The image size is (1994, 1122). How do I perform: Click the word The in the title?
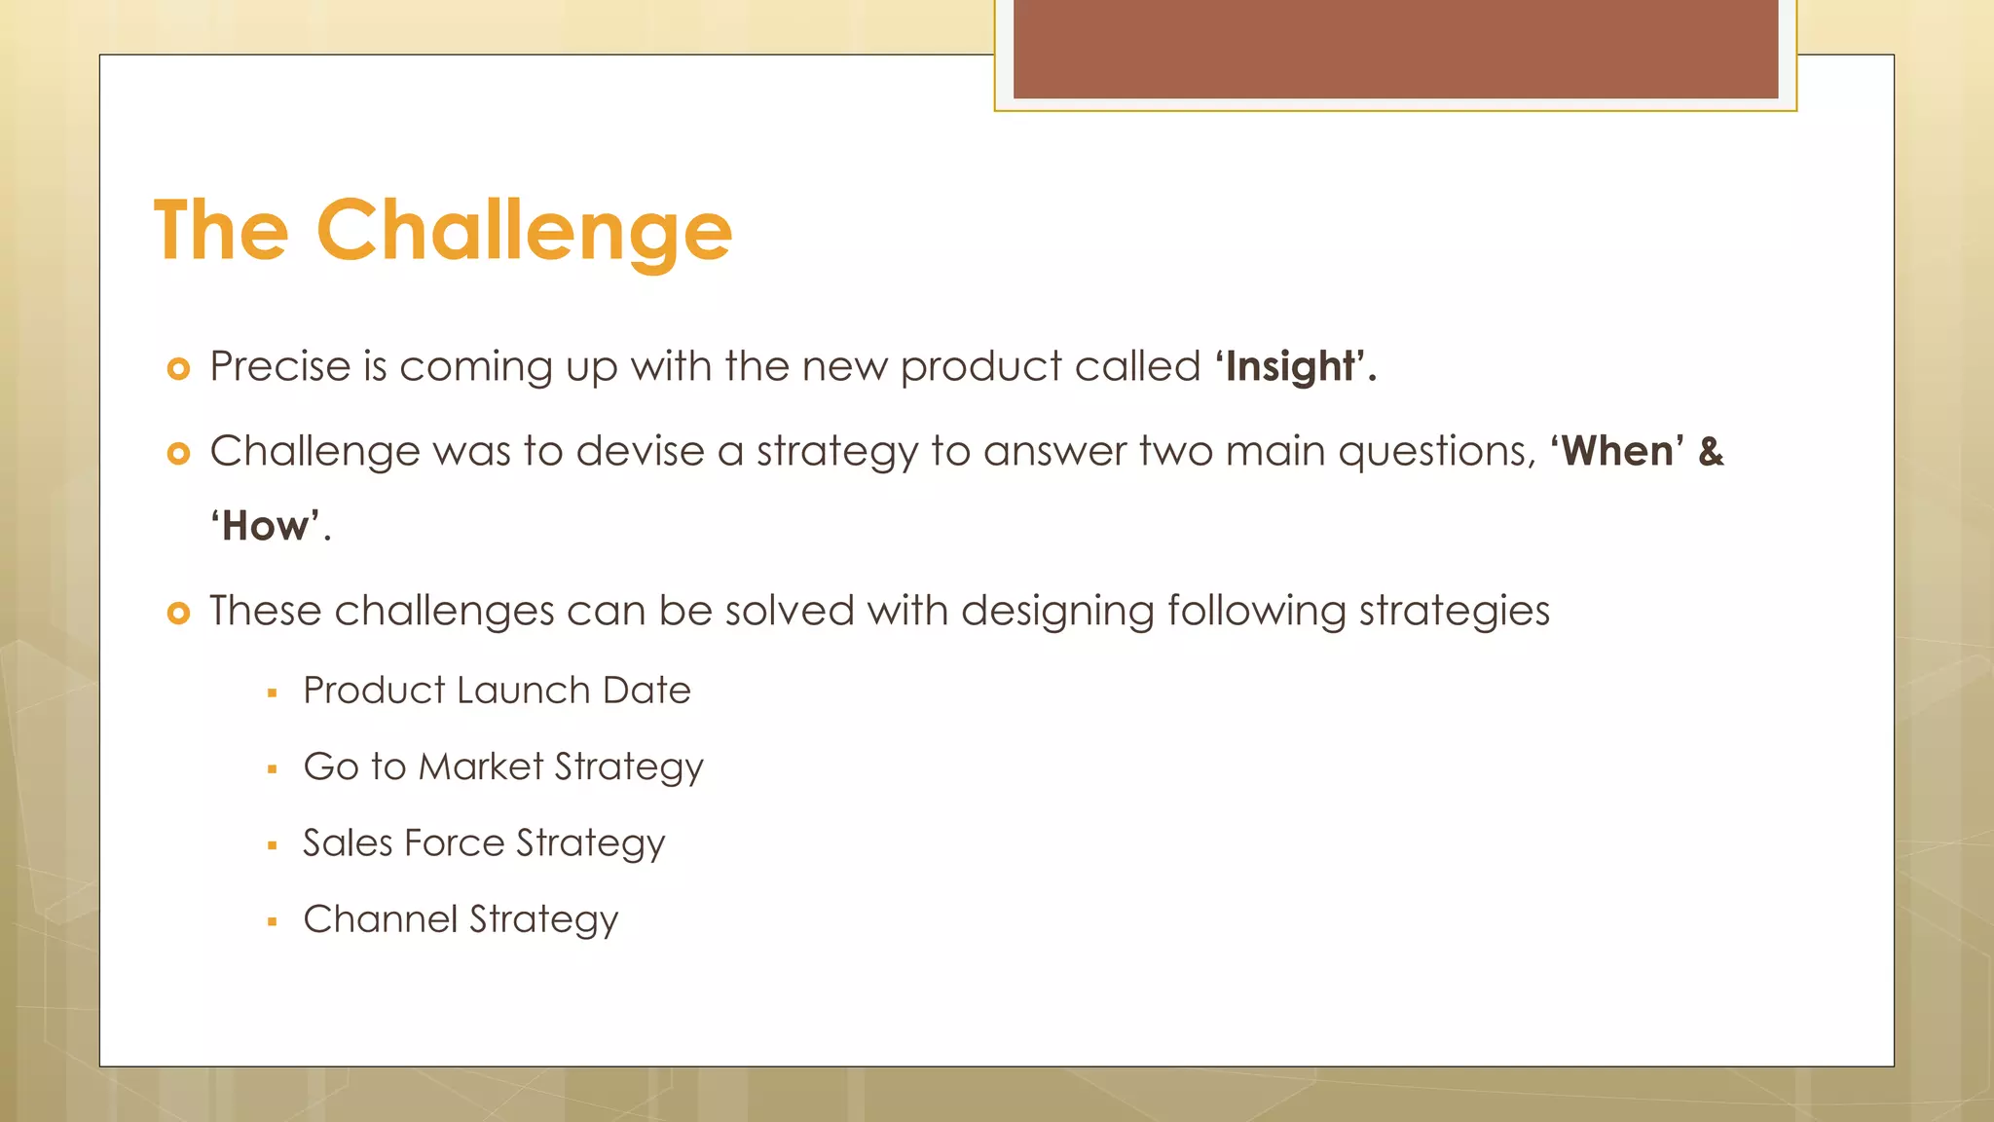click(222, 231)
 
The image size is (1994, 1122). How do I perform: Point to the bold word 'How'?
click(266, 527)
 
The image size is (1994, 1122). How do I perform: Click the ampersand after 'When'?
click(1711, 451)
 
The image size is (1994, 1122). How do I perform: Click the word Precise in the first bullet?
click(279, 367)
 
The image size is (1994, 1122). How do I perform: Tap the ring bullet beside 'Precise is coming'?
click(178, 369)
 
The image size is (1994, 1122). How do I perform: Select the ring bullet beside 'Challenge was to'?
click(178, 454)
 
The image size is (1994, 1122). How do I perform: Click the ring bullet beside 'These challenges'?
click(178, 614)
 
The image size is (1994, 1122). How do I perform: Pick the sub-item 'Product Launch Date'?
click(497, 691)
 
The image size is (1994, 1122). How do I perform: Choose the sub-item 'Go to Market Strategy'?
click(502, 767)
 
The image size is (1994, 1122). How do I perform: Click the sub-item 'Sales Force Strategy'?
click(484, 843)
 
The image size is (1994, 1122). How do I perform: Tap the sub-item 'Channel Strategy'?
click(461, 919)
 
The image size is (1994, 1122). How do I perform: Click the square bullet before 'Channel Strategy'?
click(273, 921)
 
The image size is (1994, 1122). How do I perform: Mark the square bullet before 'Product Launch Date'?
click(273, 693)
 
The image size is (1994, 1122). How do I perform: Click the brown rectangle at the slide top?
click(1395, 49)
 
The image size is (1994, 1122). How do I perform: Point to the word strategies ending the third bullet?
click(1454, 612)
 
